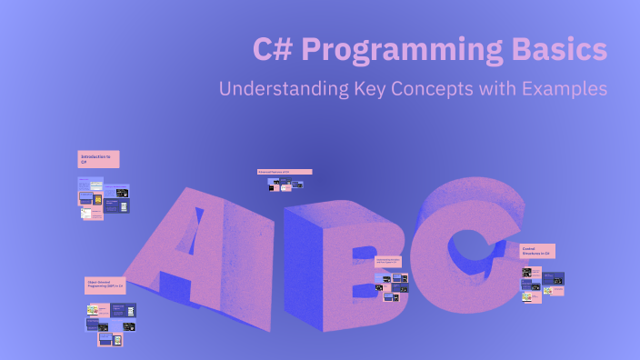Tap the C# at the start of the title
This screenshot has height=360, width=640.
[x=272, y=50]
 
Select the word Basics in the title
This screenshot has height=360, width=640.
[x=560, y=50]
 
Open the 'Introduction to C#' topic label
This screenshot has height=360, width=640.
[x=98, y=159]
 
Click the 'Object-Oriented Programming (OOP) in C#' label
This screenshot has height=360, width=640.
[x=105, y=285]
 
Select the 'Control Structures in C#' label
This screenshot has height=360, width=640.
[x=536, y=251]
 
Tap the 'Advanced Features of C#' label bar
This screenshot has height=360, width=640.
[x=285, y=171]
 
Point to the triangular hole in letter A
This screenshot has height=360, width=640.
[x=195, y=236]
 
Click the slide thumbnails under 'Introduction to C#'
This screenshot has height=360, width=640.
[x=103, y=198]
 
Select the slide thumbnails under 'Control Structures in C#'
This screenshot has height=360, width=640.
[x=542, y=282]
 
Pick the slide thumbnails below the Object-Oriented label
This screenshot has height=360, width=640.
[x=111, y=322]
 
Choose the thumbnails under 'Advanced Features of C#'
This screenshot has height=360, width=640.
[x=285, y=185]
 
